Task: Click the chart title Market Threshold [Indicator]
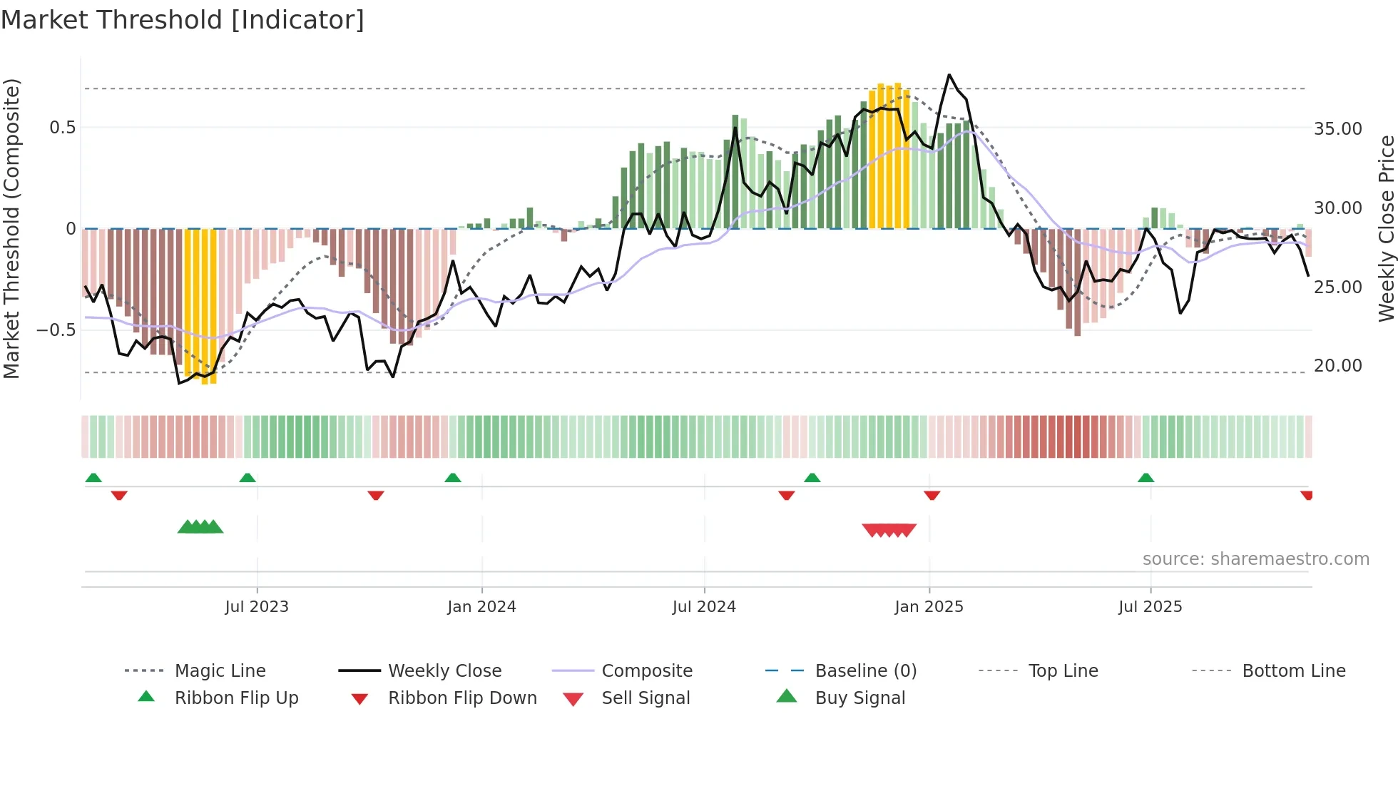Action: pos(183,20)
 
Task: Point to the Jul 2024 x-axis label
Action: pos(704,607)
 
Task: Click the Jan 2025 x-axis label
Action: pos(929,607)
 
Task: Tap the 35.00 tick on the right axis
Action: pos(1337,129)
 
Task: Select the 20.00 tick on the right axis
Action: pos(1337,366)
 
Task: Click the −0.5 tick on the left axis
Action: pos(56,330)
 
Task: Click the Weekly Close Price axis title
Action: pos(1386,228)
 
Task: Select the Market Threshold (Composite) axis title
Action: pos(11,228)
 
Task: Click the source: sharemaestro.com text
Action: pos(1255,559)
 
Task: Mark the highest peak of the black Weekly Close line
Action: pos(949,75)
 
